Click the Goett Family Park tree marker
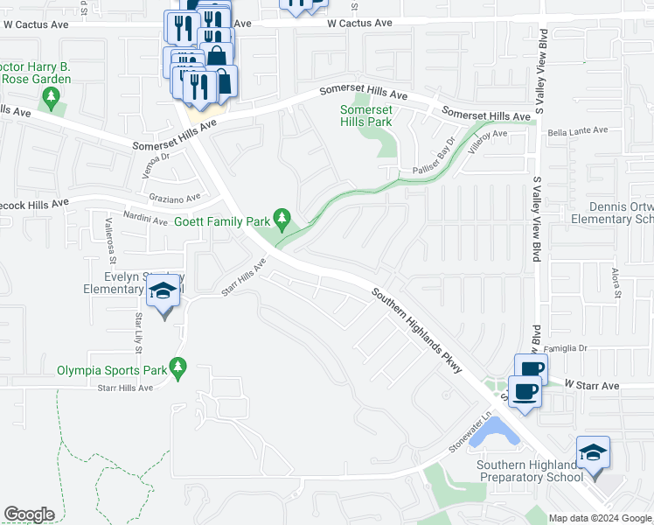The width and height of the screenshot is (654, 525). pos(282,216)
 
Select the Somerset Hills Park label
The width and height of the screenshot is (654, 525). pos(365,115)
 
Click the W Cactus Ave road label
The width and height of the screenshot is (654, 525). pos(360,23)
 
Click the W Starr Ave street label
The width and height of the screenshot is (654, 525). pos(591,385)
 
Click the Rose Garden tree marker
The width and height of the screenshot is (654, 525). pos(52,96)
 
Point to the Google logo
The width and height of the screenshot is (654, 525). pos(29,514)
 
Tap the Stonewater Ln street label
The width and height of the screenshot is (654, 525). pos(471,433)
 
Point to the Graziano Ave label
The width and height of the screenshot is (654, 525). pos(174,198)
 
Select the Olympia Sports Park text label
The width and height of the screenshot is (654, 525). pos(112,370)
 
